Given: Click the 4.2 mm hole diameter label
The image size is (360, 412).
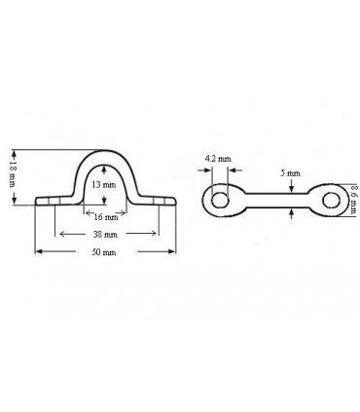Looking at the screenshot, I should [x=218, y=157].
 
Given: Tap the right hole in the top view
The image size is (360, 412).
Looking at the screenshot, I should [x=332, y=201].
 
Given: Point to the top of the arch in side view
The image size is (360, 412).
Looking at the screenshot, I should [x=108, y=151].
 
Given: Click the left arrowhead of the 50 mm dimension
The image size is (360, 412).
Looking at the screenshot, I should [x=40, y=251].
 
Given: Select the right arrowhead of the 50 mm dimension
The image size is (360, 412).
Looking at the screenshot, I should [x=176, y=251].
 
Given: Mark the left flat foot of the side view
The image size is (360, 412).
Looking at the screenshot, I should [x=54, y=202].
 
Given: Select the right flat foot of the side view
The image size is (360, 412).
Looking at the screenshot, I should [x=162, y=202].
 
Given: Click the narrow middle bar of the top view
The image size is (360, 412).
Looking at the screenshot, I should [x=277, y=201].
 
